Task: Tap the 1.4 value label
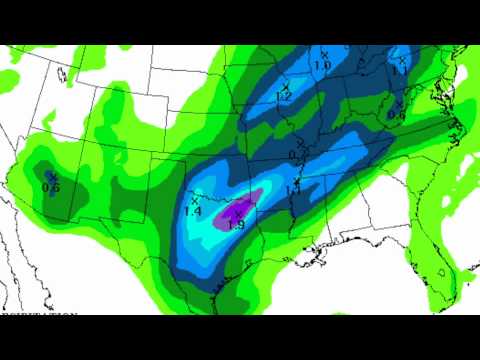click(193, 212)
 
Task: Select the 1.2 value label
click(284, 98)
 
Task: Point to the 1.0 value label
click(323, 65)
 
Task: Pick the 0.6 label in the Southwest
click(52, 186)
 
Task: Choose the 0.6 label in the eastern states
click(396, 115)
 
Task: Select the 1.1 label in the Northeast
click(400, 69)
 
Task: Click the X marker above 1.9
click(237, 213)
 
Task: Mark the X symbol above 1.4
click(194, 201)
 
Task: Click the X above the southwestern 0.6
click(52, 176)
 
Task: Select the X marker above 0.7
click(296, 146)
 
